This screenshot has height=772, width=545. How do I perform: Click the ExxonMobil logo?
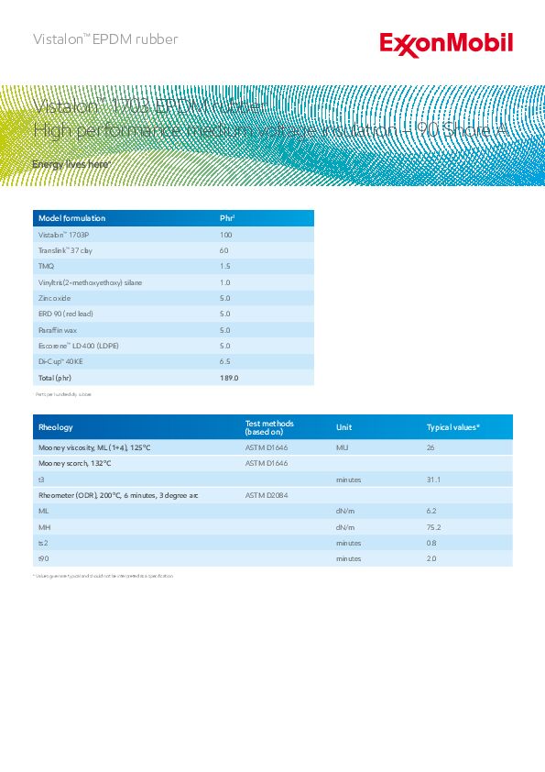[x=446, y=43]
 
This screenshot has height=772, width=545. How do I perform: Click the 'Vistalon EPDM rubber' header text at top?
[x=105, y=39]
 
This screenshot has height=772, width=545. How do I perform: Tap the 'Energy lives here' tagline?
[x=71, y=164]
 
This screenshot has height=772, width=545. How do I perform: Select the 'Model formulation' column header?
[x=71, y=218]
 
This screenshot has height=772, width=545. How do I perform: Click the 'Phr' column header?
[x=228, y=218]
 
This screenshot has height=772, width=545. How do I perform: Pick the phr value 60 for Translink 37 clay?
[x=224, y=250]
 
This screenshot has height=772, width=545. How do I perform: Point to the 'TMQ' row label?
[x=46, y=266]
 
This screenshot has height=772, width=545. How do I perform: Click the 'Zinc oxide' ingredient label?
[x=54, y=298]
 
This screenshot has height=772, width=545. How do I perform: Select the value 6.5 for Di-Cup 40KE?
[x=225, y=362]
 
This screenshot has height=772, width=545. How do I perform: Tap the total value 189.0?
[x=229, y=378]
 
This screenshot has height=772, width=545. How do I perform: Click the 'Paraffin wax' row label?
[x=57, y=330]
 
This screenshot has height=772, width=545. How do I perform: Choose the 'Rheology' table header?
[x=55, y=427]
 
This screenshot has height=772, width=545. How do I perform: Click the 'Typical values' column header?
[x=453, y=427]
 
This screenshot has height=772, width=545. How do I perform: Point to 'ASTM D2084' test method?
[x=267, y=495]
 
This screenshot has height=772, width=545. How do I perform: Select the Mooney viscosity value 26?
[x=431, y=447]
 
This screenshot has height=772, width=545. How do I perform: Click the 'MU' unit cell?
[x=343, y=447]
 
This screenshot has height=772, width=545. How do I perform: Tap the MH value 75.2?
[x=434, y=527]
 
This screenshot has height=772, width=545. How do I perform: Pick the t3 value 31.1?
[x=434, y=480]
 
